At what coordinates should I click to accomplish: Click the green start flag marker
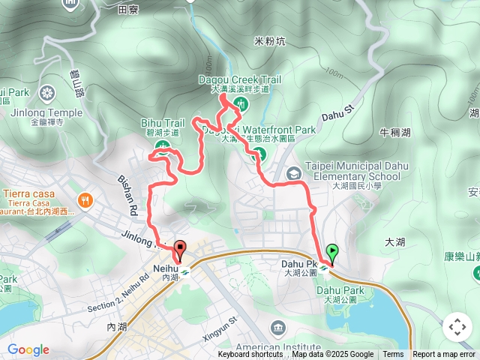tap(332, 252)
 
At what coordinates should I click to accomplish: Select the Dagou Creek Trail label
tap(239, 79)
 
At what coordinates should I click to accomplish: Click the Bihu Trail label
tap(162, 122)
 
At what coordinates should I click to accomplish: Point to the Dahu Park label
tap(340, 290)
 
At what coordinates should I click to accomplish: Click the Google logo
tap(28, 349)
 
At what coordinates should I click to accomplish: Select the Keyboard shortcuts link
tap(250, 355)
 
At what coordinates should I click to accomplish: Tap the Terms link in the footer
tap(393, 355)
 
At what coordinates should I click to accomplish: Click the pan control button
tap(457, 327)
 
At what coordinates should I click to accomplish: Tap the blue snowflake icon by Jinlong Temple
tap(47, 93)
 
